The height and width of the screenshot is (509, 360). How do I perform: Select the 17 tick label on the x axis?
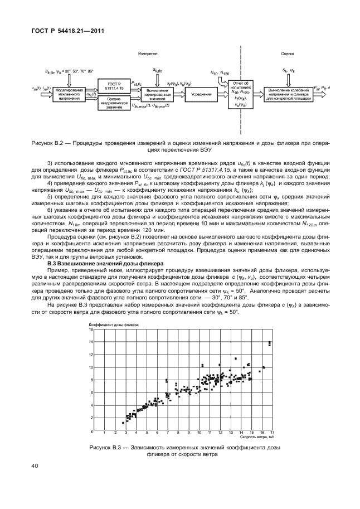[271, 433]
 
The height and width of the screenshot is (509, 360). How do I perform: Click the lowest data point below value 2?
[123, 423]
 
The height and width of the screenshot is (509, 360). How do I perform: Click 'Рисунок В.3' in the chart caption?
[106, 448]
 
